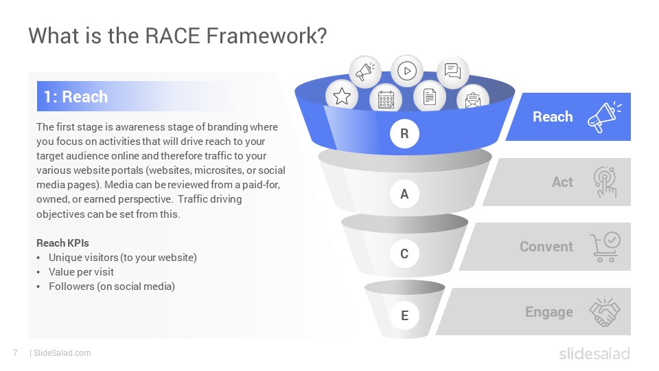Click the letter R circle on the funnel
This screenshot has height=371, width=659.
[404, 133]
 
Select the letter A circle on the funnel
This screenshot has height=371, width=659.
[404, 194]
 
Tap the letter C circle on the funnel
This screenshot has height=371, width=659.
[404, 254]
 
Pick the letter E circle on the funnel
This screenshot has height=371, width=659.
[404, 315]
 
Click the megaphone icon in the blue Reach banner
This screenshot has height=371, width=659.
[604, 117]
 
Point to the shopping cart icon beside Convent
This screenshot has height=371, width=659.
[605, 247]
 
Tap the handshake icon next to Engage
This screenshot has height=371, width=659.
[605, 312]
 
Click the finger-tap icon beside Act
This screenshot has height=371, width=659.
[605, 181]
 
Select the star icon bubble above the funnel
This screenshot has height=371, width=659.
[342, 96]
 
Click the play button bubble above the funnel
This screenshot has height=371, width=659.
[407, 71]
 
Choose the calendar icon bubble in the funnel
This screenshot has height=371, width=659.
[386, 99]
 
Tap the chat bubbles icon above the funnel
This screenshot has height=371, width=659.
[452, 71]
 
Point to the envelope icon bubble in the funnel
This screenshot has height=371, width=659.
[473, 98]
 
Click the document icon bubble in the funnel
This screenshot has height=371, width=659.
[429, 96]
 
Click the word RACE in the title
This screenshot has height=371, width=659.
[172, 35]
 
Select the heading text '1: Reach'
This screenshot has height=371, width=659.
[76, 97]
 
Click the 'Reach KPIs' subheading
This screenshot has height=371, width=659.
[62, 243]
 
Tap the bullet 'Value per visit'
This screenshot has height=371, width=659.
[81, 272]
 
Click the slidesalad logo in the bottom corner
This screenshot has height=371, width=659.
[594, 354]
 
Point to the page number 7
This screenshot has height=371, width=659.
[16, 353]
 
